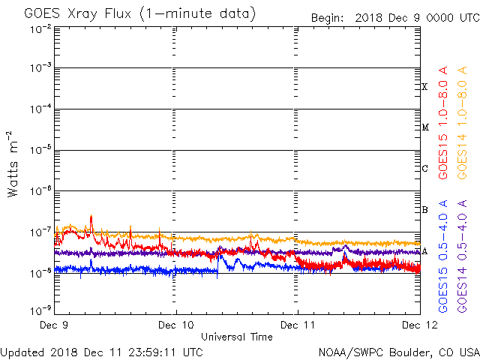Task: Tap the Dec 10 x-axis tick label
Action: [176, 325]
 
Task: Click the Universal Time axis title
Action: [236, 337]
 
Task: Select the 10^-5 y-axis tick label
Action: [41, 150]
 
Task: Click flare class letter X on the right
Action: [424, 87]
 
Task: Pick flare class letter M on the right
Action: [424, 127]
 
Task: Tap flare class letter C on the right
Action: [424, 169]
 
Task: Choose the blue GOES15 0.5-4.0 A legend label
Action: [443, 256]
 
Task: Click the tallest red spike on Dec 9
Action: [91, 217]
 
